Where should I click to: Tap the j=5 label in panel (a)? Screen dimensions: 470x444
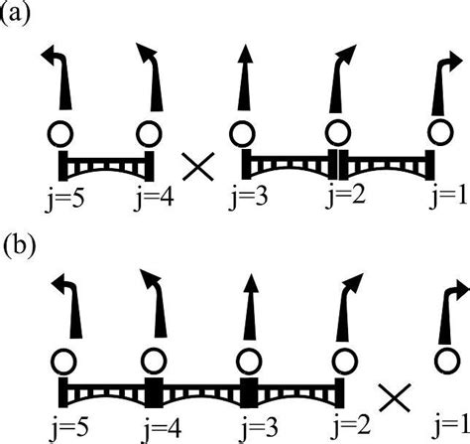(64, 200)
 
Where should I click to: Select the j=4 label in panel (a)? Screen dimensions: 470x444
(155, 200)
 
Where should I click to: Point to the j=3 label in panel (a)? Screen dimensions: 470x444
(248, 200)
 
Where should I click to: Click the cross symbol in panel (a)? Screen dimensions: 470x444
(198, 167)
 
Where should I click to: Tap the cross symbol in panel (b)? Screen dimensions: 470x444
(395, 397)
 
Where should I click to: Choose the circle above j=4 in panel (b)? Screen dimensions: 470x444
(154, 362)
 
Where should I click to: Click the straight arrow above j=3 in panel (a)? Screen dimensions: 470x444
(245, 76)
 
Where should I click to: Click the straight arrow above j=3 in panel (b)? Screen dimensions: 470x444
(251, 306)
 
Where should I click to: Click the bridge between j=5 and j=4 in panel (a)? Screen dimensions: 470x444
(106, 164)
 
